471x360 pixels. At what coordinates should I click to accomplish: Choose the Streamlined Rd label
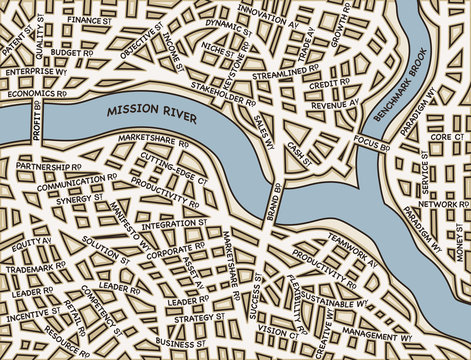(x=285, y=74)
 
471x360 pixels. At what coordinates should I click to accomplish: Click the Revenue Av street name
(x=334, y=103)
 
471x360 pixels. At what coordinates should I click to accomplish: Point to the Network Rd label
(x=437, y=204)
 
